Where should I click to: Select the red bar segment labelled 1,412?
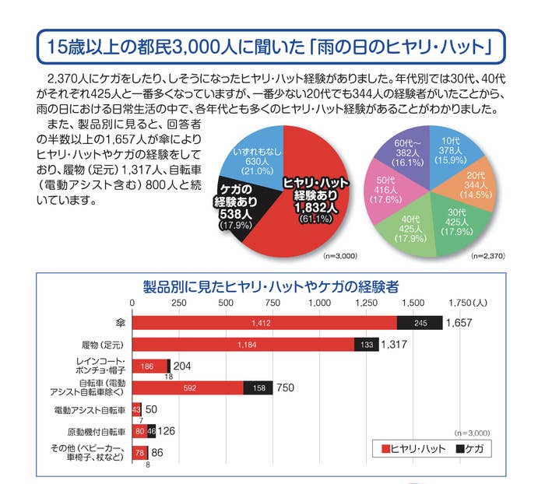[265, 322]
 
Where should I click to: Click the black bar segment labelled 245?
[419, 322]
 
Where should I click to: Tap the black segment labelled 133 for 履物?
[366, 344]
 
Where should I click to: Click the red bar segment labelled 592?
[188, 388]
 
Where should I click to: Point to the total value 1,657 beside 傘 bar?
[459, 322]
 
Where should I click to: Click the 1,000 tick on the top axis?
[319, 303]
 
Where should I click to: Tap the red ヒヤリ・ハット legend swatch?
[385, 450]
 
